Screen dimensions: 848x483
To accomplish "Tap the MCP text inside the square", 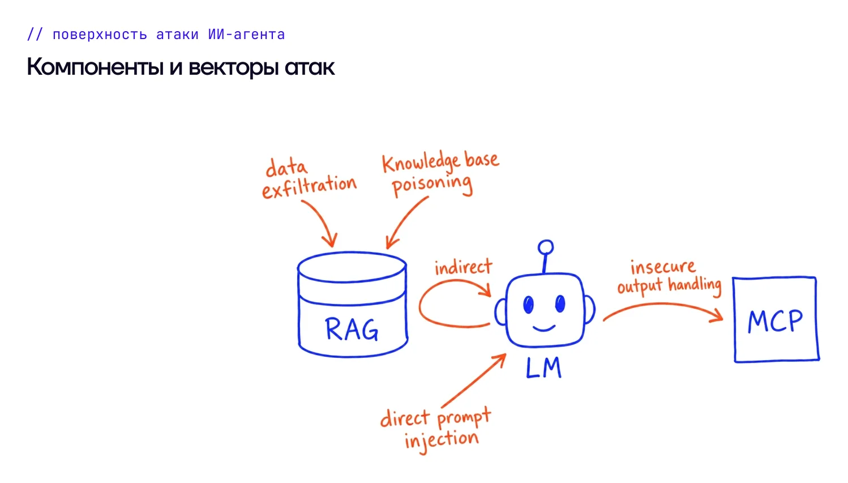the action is [x=775, y=321].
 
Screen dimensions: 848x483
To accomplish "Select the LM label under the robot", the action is [x=543, y=368].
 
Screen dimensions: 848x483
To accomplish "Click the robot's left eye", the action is [x=529, y=304].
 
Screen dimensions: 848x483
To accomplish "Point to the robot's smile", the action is [x=544, y=328].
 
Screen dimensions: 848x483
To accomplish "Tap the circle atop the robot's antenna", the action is [x=546, y=247].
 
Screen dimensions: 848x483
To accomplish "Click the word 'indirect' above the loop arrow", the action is [x=464, y=267].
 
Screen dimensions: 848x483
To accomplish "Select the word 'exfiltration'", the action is [x=309, y=187].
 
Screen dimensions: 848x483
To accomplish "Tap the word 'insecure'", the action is [x=663, y=267].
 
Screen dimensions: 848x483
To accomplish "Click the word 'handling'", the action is [x=695, y=285].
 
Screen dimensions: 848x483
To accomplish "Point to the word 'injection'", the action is [x=442, y=441].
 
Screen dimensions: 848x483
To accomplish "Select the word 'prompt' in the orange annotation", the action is [x=464, y=418].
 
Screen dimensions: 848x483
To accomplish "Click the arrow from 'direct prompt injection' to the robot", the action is [x=473, y=381].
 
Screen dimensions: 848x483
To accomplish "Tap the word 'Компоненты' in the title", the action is [x=95, y=67].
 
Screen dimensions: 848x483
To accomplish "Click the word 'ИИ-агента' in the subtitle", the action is [x=246, y=35].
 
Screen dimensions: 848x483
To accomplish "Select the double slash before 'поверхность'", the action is [x=35, y=35].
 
